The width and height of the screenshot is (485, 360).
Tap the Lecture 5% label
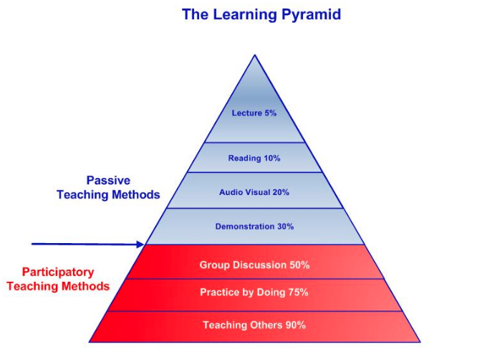[x=254, y=113]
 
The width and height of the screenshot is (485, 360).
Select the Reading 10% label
[x=254, y=158]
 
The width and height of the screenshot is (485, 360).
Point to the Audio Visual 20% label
[x=254, y=192]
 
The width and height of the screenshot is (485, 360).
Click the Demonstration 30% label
[x=254, y=227]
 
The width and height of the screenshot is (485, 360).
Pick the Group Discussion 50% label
[x=254, y=265]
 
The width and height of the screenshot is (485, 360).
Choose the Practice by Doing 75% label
[x=254, y=293]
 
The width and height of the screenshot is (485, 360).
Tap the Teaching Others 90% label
[x=254, y=325]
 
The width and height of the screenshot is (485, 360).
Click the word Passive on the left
[x=108, y=180]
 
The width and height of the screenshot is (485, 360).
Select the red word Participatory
[x=58, y=273]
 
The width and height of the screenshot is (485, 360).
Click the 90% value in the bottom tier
[x=295, y=325]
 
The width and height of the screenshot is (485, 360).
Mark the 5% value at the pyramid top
[x=269, y=113]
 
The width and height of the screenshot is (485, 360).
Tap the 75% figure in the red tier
[x=298, y=293]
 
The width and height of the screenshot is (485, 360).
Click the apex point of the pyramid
[x=254, y=55]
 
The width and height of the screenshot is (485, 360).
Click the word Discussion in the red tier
[x=259, y=265]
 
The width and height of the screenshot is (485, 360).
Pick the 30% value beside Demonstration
[x=285, y=227]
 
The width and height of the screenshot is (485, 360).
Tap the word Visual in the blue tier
[x=259, y=192]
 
